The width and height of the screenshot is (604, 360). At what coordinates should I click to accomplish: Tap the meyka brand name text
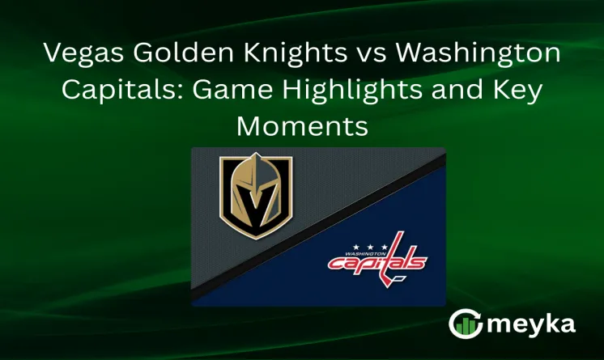(530, 324)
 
